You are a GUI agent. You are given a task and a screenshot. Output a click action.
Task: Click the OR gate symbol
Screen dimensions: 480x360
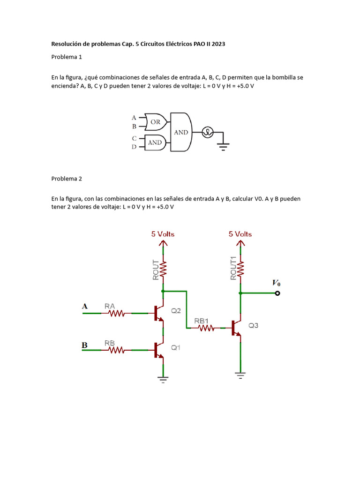(x=154, y=122)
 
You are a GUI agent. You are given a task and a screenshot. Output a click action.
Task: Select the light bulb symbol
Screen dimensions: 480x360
(x=207, y=133)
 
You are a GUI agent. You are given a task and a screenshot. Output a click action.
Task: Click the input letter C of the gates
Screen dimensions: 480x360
(x=135, y=138)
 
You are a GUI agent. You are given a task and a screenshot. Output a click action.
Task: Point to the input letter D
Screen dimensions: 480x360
(x=135, y=147)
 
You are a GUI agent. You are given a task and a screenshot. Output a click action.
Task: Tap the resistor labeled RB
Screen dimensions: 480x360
(x=117, y=350)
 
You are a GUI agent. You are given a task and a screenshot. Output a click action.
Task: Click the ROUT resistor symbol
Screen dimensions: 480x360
(x=163, y=269)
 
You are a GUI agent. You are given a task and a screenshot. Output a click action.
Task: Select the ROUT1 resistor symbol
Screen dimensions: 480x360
(x=240, y=269)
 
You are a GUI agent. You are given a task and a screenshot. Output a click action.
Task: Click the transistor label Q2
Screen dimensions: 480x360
(x=176, y=310)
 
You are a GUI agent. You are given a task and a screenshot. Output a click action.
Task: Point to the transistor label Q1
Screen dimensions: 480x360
(x=176, y=347)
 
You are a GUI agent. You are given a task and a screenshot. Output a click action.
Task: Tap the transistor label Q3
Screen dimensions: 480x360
(x=253, y=326)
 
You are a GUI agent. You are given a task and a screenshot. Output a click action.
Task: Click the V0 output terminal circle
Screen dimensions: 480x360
(x=277, y=293)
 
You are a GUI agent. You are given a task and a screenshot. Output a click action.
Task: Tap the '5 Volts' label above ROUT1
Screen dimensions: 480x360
(x=240, y=234)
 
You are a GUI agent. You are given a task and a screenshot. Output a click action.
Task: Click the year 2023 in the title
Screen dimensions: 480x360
(x=217, y=44)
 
